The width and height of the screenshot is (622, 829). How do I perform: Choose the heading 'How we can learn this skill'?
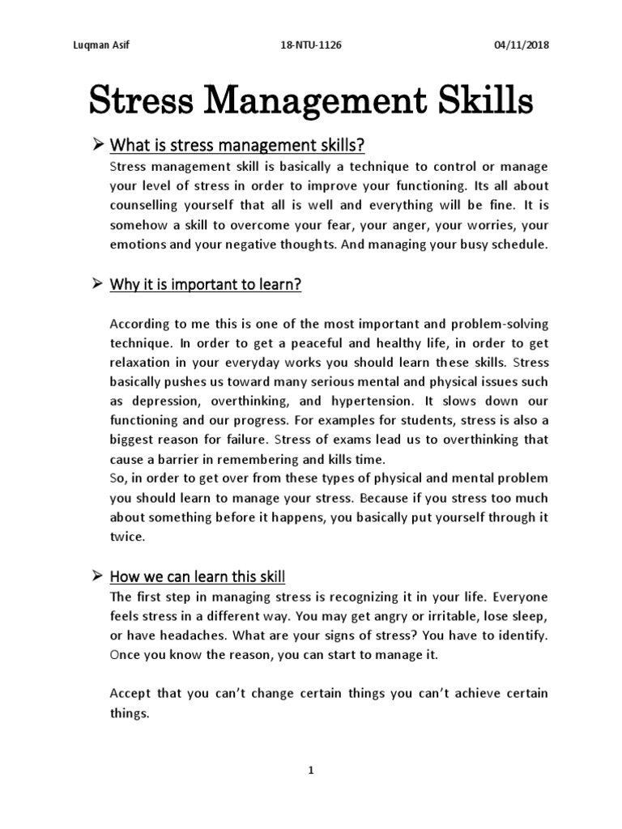point(198,577)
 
